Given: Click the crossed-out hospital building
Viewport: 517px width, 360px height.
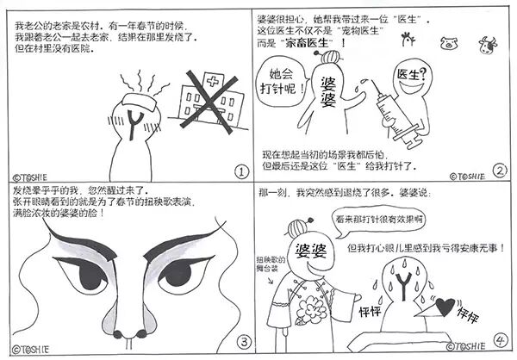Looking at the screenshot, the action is pyautogui.click(x=209, y=102).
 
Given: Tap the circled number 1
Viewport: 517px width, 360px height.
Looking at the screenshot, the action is pyautogui.click(x=241, y=171).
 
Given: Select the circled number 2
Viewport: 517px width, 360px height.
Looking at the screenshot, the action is pyautogui.click(x=500, y=171).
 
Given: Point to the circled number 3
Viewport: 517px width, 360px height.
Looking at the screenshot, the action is pyautogui.click(x=244, y=343).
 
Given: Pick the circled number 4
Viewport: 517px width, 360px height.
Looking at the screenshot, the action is pyautogui.click(x=501, y=340).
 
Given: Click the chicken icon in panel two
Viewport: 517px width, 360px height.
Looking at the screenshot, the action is pyautogui.click(x=408, y=40).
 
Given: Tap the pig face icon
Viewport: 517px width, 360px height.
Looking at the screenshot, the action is pyautogui.click(x=449, y=43).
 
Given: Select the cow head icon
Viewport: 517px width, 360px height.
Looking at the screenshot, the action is pyautogui.click(x=488, y=45).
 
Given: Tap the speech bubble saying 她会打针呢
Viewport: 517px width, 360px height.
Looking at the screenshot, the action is pyautogui.click(x=281, y=82).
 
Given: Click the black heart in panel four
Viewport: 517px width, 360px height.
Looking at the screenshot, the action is pyautogui.click(x=445, y=305).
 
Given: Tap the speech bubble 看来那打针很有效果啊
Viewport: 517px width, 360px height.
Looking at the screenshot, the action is pyautogui.click(x=378, y=220).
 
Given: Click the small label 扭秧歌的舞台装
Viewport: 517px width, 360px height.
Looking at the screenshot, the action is pyautogui.click(x=271, y=264).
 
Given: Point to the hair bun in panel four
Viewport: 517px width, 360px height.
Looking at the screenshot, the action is pyautogui.click(x=298, y=227).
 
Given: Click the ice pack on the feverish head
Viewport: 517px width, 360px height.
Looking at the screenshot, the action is pyautogui.click(x=139, y=102).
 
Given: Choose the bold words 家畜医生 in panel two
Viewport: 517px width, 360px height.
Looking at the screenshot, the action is pyautogui.click(x=307, y=43).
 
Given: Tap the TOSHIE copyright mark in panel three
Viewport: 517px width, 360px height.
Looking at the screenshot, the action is pyautogui.click(x=31, y=350).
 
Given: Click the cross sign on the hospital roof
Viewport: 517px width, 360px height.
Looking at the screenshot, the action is pyautogui.click(x=213, y=81).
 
